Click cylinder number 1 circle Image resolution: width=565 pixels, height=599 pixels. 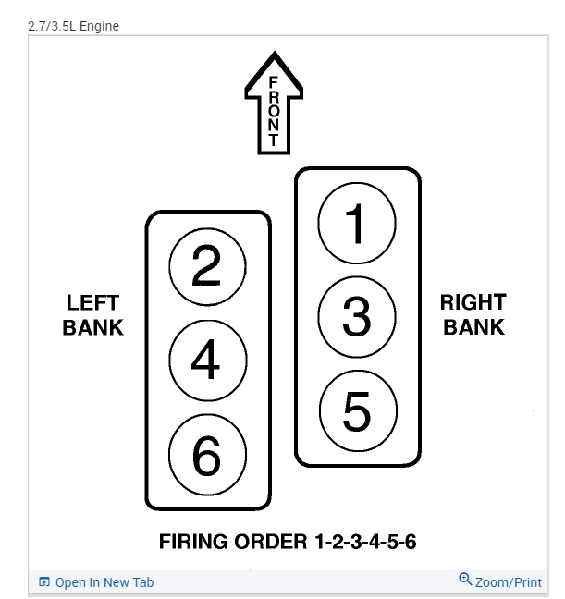pos(356,223)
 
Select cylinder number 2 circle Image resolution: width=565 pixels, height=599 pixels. pos(207,267)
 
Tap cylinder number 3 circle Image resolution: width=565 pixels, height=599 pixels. pos(356,316)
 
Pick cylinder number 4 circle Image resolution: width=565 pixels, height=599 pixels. pos(207,360)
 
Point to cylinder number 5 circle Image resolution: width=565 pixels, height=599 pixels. pos(357,410)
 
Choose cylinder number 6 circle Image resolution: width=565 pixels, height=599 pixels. pos(207,454)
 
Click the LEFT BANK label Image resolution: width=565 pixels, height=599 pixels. pos(92,315)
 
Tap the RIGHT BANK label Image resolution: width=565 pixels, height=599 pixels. pos(473,314)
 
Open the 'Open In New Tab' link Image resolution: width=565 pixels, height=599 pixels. pos(104,582)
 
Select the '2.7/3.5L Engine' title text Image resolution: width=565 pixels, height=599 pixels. pos(73,26)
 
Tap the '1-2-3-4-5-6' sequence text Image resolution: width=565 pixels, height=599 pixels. pos(361,542)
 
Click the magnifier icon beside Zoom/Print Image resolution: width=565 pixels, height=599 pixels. pos(465,580)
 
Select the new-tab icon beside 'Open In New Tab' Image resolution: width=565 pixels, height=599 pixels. pos(43,582)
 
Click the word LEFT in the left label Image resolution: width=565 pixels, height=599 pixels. pos(92,302)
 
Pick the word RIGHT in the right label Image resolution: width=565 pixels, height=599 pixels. pos(473,301)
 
